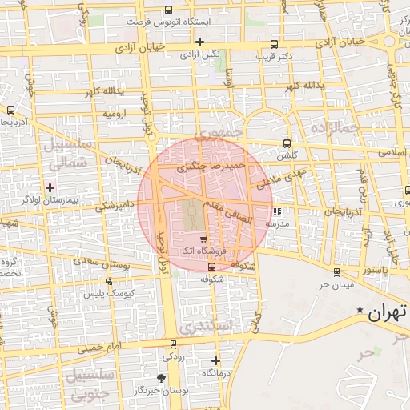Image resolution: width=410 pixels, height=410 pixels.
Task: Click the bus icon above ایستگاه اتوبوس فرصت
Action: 167,10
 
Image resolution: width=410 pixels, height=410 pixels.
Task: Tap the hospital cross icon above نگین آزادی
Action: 199,42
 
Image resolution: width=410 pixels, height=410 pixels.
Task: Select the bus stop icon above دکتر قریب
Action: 275,45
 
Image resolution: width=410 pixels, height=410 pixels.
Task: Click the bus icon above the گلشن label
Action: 287,144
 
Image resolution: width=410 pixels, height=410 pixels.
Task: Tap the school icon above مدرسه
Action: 277,212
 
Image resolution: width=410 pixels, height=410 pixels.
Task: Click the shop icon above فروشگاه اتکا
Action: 203,239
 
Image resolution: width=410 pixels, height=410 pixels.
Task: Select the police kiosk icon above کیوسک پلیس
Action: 109,281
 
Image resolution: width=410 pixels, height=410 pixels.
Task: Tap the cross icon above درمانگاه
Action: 215,360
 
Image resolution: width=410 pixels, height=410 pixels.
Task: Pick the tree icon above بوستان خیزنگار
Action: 162,377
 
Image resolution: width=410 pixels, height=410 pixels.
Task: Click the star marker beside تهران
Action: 360,310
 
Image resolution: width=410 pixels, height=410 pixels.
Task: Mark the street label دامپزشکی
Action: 117,206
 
